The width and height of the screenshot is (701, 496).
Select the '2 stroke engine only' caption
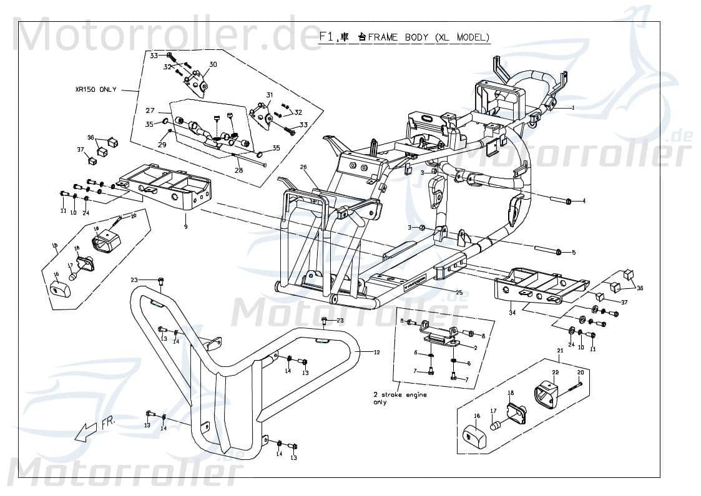[x=400, y=399]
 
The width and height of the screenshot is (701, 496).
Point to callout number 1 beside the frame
[x=572, y=107]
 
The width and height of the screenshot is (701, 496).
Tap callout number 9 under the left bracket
[x=185, y=226]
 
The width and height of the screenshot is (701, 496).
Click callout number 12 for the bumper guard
[x=376, y=353]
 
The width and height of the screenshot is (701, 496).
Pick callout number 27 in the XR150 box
[x=150, y=110]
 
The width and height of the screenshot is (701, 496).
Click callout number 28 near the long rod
[x=238, y=170]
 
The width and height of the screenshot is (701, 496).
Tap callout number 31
[x=270, y=95]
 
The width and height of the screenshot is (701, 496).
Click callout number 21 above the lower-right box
[x=560, y=351]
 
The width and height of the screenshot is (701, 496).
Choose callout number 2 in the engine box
[x=475, y=348]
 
